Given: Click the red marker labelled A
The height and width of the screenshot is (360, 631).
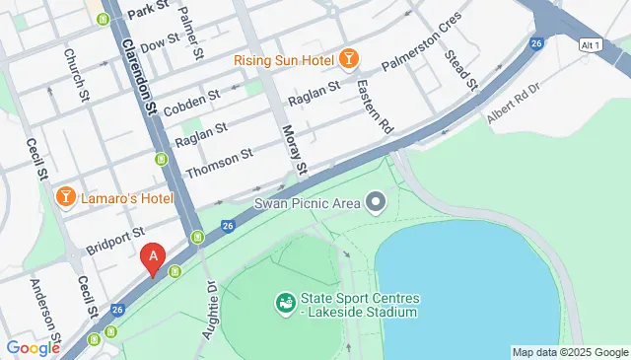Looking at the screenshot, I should tap(152, 258).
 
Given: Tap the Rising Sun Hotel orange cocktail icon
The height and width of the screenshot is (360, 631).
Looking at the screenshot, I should tap(348, 60).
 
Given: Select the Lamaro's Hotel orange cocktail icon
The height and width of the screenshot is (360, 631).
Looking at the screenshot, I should tap(66, 197).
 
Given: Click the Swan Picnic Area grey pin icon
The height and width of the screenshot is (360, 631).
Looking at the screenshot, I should tap(376, 204).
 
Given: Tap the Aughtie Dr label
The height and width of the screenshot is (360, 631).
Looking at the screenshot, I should tap(209, 310).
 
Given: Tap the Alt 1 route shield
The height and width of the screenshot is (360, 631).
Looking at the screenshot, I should tap(591, 46).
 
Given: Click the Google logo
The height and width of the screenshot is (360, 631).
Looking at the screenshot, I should tap(33, 347).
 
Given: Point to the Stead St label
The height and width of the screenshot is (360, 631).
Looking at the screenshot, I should tap(461, 70).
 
